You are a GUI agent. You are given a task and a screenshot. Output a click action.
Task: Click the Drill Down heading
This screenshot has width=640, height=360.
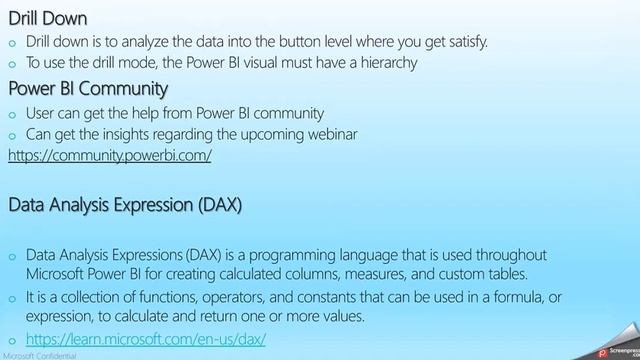tap(47, 18)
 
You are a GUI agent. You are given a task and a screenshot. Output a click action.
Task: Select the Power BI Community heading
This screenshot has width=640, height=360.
tap(87, 89)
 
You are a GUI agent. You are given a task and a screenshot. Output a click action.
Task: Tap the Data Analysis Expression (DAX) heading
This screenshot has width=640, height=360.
tap(125, 205)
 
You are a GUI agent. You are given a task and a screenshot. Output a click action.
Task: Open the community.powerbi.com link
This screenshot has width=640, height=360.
tap(110, 156)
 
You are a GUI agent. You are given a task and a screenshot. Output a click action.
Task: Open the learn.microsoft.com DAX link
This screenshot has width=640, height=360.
tap(146, 340)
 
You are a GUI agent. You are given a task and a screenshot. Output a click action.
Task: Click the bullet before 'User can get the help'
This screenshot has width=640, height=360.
tap(13, 113)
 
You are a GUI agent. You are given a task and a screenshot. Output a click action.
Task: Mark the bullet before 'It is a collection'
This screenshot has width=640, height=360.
tap(13, 298)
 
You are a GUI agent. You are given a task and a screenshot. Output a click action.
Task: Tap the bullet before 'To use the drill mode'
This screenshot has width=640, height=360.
tap(13, 62)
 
